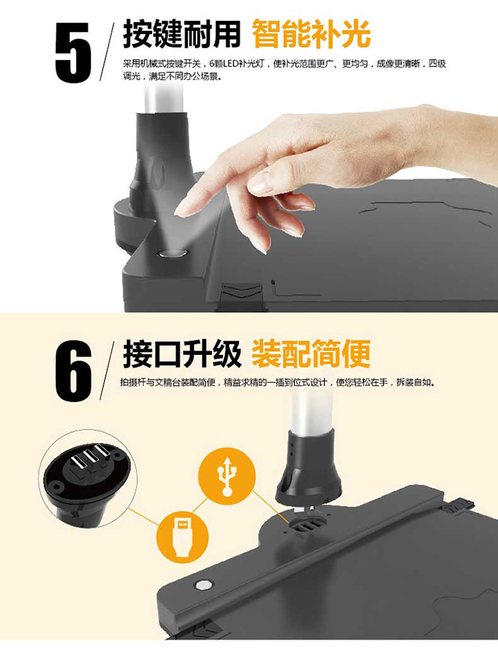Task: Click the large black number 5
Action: click(73, 53)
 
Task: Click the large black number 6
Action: click(73, 371)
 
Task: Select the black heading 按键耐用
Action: click(182, 34)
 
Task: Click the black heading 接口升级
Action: click(182, 353)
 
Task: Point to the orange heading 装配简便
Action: click(311, 353)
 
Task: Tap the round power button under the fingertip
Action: click(172, 253)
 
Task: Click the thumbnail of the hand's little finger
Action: click(292, 230)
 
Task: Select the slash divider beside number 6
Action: click(106, 371)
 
